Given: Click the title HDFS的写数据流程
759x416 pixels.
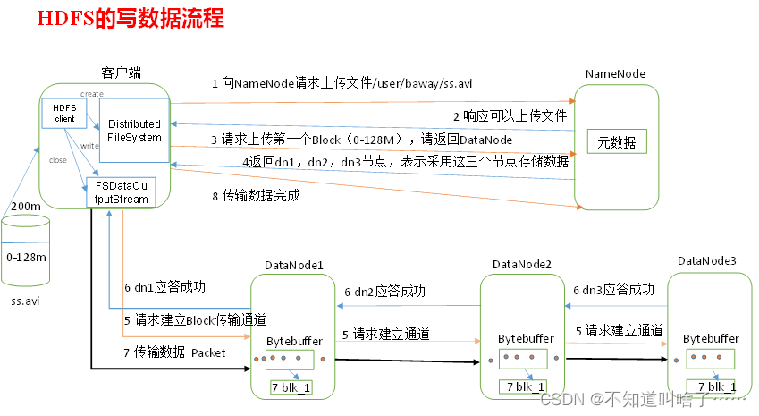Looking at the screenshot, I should pyautogui.click(x=131, y=17).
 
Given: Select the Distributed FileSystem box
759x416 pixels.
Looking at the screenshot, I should pyautogui.click(x=134, y=131).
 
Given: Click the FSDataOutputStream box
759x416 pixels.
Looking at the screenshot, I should pyautogui.click(x=121, y=192).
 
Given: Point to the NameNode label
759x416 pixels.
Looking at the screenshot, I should pyautogui.click(x=615, y=72).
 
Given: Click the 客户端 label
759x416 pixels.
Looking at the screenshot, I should pyautogui.click(x=122, y=72).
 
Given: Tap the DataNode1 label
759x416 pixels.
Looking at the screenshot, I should pyautogui.click(x=294, y=265).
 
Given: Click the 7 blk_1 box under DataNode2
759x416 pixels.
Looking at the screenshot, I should pyautogui.click(x=522, y=387).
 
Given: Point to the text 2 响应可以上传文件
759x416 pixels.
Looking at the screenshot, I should pyautogui.click(x=510, y=115).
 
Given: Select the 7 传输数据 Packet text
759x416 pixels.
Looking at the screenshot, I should pyautogui.click(x=174, y=352).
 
